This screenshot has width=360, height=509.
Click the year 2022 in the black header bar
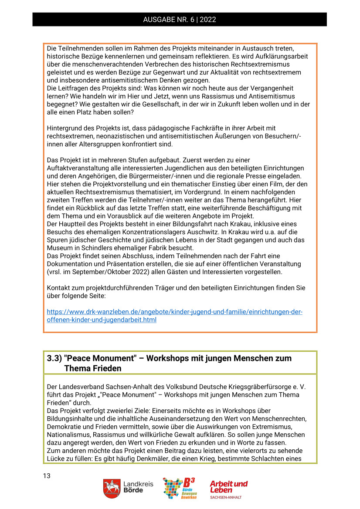coord(208,20)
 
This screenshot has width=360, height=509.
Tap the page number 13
coord(47,475)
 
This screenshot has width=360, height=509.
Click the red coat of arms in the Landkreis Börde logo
coord(112,489)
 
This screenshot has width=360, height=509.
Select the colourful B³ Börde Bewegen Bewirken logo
coord(179,488)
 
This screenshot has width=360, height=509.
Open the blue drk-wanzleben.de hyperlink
coord(174,316)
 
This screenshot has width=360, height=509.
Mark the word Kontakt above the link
coord(59,288)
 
